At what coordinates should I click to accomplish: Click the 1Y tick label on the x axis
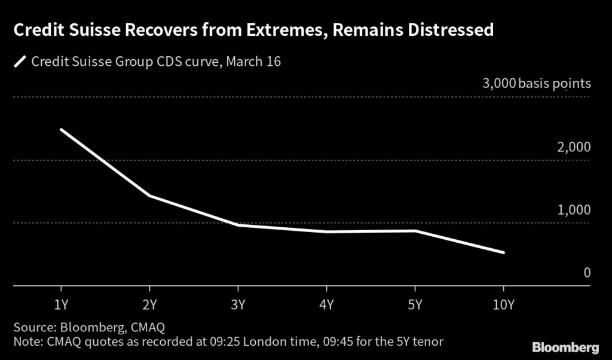point(60,305)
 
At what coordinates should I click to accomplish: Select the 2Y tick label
point(149,305)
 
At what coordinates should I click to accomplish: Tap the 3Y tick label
point(238,305)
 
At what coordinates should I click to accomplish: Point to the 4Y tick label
point(326,305)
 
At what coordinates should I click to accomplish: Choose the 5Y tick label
point(415,305)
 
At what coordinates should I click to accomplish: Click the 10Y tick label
point(503,305)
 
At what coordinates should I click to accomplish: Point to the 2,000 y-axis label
point(574,147)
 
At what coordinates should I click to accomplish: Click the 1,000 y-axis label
point(574,210)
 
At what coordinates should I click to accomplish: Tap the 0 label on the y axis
point(587,273)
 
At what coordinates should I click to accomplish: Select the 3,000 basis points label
point(536,84)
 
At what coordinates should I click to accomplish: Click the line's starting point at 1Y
point(61,129)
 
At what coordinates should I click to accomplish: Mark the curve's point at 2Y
point(149,196)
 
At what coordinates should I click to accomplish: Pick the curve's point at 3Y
point(238,225)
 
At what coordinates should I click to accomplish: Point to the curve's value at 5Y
point(415,231)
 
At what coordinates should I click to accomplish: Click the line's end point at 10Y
point(504,252)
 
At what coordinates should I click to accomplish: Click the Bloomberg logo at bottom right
point(565,347)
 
